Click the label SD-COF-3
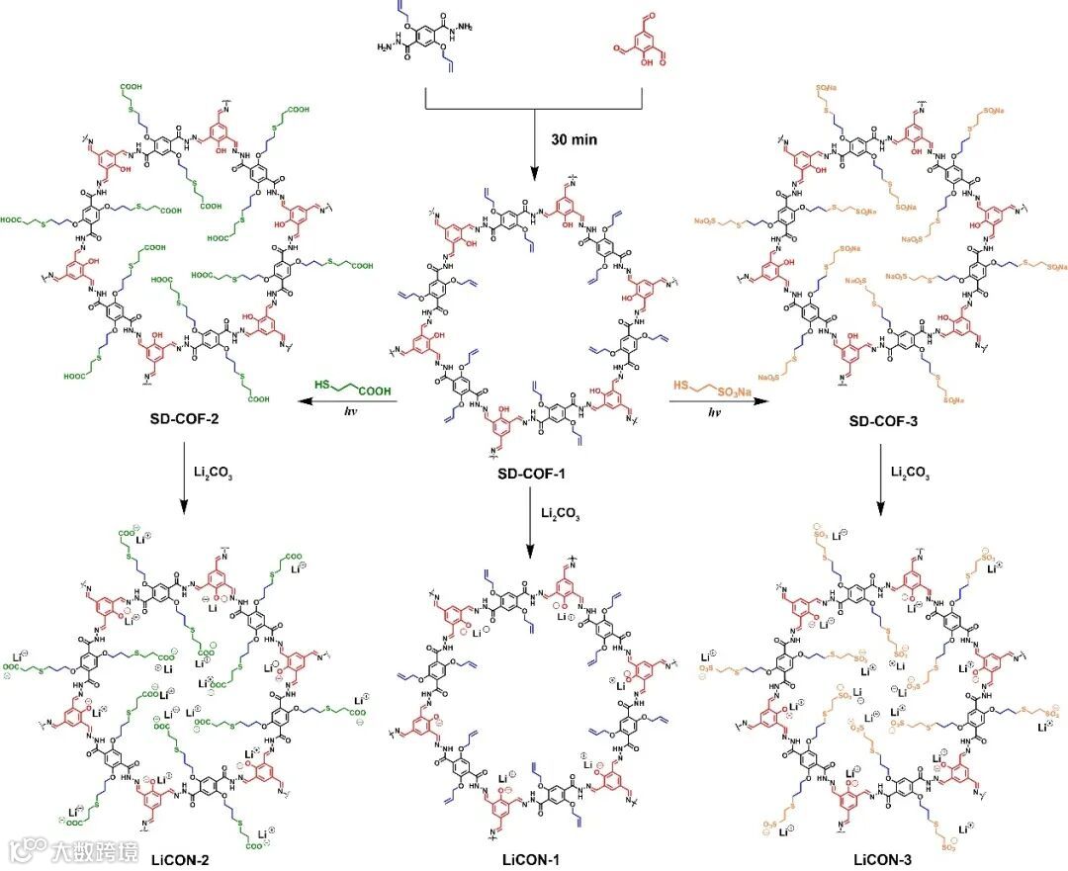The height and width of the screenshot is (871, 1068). pyautogui.click(x=885, y=421)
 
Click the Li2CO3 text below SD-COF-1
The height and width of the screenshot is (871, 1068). pyautogui.click(x=560, y=513)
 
